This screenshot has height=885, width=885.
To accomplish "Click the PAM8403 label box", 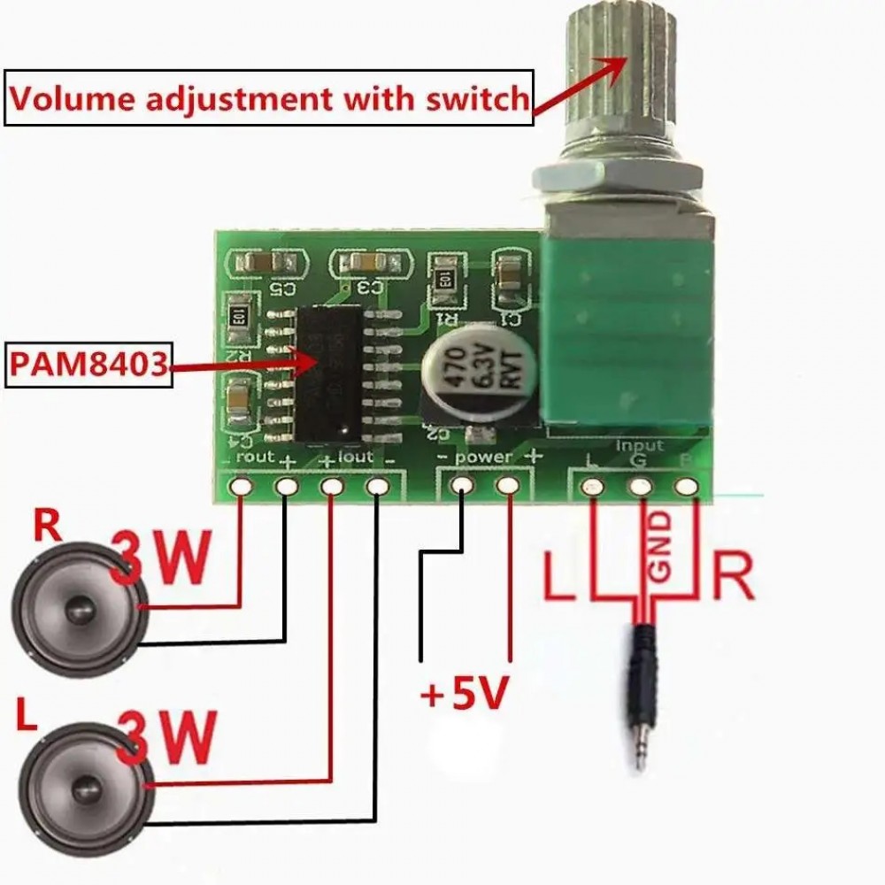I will pos(88,364).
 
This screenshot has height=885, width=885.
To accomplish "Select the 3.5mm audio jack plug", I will pos(644,699).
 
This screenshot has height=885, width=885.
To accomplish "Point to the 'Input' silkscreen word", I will pos(639,445).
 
